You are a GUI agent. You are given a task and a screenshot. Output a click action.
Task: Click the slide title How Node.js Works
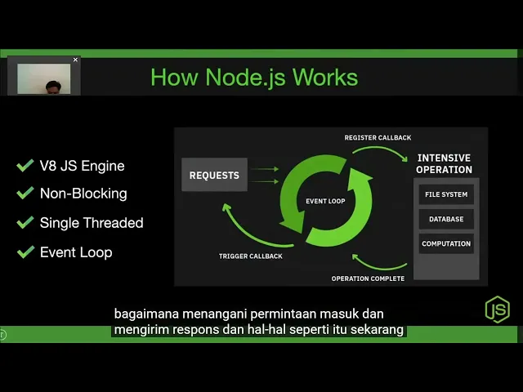[x=254, y=78]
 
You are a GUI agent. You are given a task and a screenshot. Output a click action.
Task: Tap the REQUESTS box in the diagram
[x=214, y=175]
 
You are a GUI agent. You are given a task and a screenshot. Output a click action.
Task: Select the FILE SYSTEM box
[x=446, y=195]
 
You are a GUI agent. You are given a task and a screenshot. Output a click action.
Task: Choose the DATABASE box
[x=446, y=220]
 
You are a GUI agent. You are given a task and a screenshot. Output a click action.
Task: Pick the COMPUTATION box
[x=446, y=243]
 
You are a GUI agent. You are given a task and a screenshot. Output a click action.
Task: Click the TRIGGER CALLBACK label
[x=250, y=256]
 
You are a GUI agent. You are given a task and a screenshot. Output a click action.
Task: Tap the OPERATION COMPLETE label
[x=368, y=278]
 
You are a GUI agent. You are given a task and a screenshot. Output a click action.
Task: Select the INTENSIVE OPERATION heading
[x=445, y=163]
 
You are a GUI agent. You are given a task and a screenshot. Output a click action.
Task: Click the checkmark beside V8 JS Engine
[x=25, y=166]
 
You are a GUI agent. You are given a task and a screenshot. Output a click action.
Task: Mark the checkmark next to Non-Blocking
[x=25, y=194]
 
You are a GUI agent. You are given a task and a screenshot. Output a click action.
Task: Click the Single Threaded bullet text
[x=92, y=223]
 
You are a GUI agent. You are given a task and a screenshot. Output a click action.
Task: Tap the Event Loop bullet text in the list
[x=76, y=252]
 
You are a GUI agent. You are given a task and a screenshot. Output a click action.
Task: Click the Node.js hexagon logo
[x=497, y=309]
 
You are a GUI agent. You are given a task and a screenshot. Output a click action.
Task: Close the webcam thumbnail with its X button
[x=75, y=60]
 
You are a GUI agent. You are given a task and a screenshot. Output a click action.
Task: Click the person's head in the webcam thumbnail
[x=53, y=87]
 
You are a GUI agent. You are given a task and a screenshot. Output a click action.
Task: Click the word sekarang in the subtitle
[x=378, y=331]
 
